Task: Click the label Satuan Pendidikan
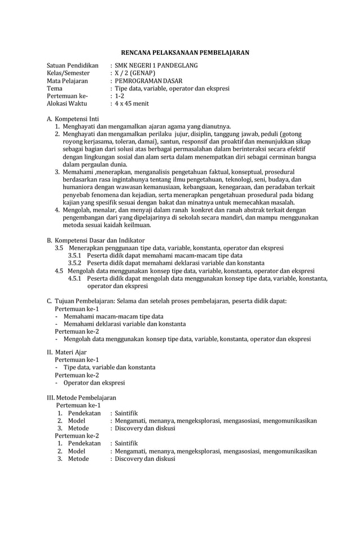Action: click(x=72, y=66)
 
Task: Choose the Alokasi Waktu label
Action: click(x=67, y=104)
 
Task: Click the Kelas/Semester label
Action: click(x=68, y=73)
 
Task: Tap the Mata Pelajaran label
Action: click(x=67, y=81)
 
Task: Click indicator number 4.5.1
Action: click(x=75, y=278)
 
